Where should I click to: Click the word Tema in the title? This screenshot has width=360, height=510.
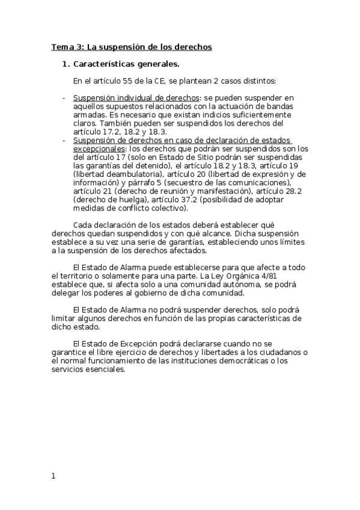61,46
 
